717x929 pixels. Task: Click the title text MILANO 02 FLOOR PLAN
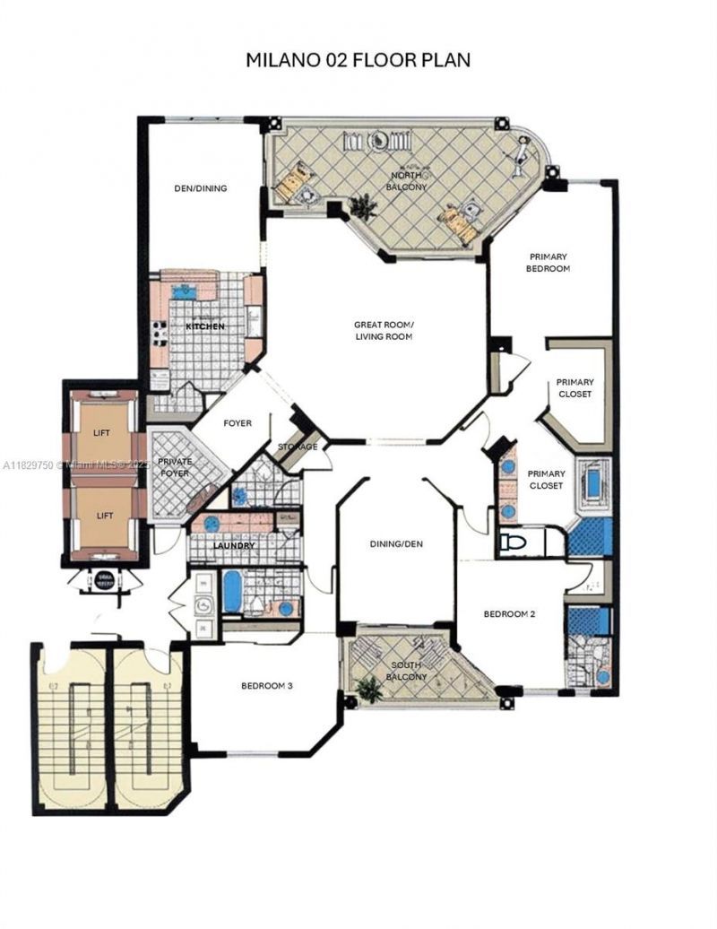(358, 60)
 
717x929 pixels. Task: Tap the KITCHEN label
(204, 326)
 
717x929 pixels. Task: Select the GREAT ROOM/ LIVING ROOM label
(382, 330)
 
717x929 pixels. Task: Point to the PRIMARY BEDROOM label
(549, 262)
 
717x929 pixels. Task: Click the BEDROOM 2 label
(509, 614)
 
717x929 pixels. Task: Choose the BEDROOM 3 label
(267, 686)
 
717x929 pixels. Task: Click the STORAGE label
(298, 447)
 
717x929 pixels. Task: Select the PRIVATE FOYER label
(175, 467)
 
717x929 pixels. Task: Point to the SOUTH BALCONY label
(407, 671)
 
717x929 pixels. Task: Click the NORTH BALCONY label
(407, 181)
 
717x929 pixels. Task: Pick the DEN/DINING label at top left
(200, 188)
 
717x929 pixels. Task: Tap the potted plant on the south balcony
(367, 689)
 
